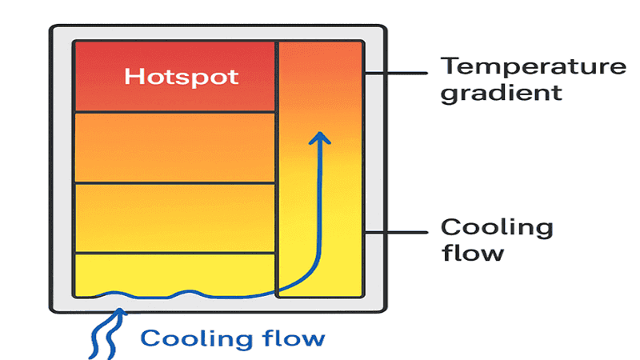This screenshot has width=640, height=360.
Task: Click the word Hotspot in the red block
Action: pos(182,77)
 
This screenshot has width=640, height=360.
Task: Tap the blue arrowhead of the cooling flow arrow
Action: pos(320,138)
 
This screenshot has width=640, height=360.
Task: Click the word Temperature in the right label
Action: pos(534,66)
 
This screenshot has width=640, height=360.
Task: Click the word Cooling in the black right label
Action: pos(497,227)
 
